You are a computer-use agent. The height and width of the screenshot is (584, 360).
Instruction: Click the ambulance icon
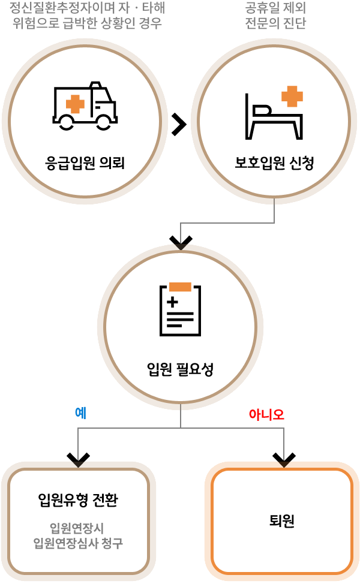(85, 106)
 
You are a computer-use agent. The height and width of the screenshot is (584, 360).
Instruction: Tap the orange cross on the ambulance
(75, 103)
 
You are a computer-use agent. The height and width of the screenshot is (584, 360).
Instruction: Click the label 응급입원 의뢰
(85, 162)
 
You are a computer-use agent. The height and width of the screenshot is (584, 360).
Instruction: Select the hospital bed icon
(273, 115)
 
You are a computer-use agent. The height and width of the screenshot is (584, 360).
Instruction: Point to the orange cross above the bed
(292, 96)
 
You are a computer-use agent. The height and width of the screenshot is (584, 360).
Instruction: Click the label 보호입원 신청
(274, 162)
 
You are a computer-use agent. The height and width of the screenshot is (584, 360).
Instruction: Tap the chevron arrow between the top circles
(179, 124)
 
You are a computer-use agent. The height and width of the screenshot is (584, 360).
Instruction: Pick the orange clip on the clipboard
(180, 287)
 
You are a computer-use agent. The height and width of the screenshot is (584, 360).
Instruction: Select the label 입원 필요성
(180, 368)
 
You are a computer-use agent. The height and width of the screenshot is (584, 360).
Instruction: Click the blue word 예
(80, 413)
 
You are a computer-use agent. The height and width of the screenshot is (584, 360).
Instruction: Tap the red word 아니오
(266, 414)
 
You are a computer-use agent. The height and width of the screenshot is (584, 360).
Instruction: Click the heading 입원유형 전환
(78, 499)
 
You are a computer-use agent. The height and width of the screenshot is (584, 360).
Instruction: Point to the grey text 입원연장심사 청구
(78, 543)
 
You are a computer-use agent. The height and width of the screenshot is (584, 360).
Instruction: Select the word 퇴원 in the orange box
(282, 520)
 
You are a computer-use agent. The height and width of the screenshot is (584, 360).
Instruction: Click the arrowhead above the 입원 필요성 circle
(181, 242)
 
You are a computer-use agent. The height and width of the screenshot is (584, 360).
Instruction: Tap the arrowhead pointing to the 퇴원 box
(284, 460)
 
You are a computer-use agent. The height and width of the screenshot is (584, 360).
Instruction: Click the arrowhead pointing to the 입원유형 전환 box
(78, 460)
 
